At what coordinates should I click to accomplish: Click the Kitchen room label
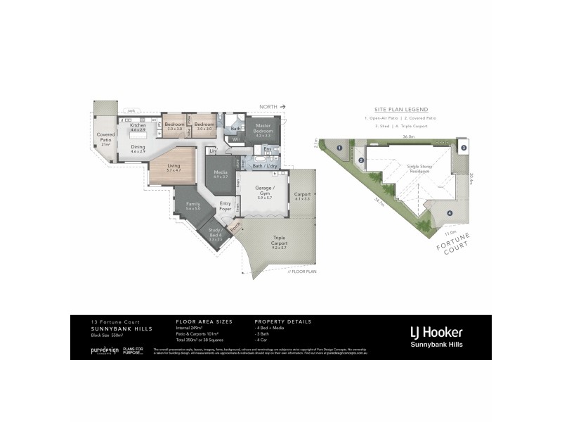coord(138,125)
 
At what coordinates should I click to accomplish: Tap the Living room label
coord(174,167)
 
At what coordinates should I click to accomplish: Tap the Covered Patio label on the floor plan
coord(106,137)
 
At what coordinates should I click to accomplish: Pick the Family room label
coord(192,205)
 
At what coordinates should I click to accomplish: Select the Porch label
coord(235,225)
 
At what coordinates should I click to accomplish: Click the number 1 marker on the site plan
coord(339,148)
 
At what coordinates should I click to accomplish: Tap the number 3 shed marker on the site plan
coord(464,148)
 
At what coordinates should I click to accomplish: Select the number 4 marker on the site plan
coord(450,213)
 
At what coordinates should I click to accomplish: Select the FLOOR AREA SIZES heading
coord(204,321)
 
